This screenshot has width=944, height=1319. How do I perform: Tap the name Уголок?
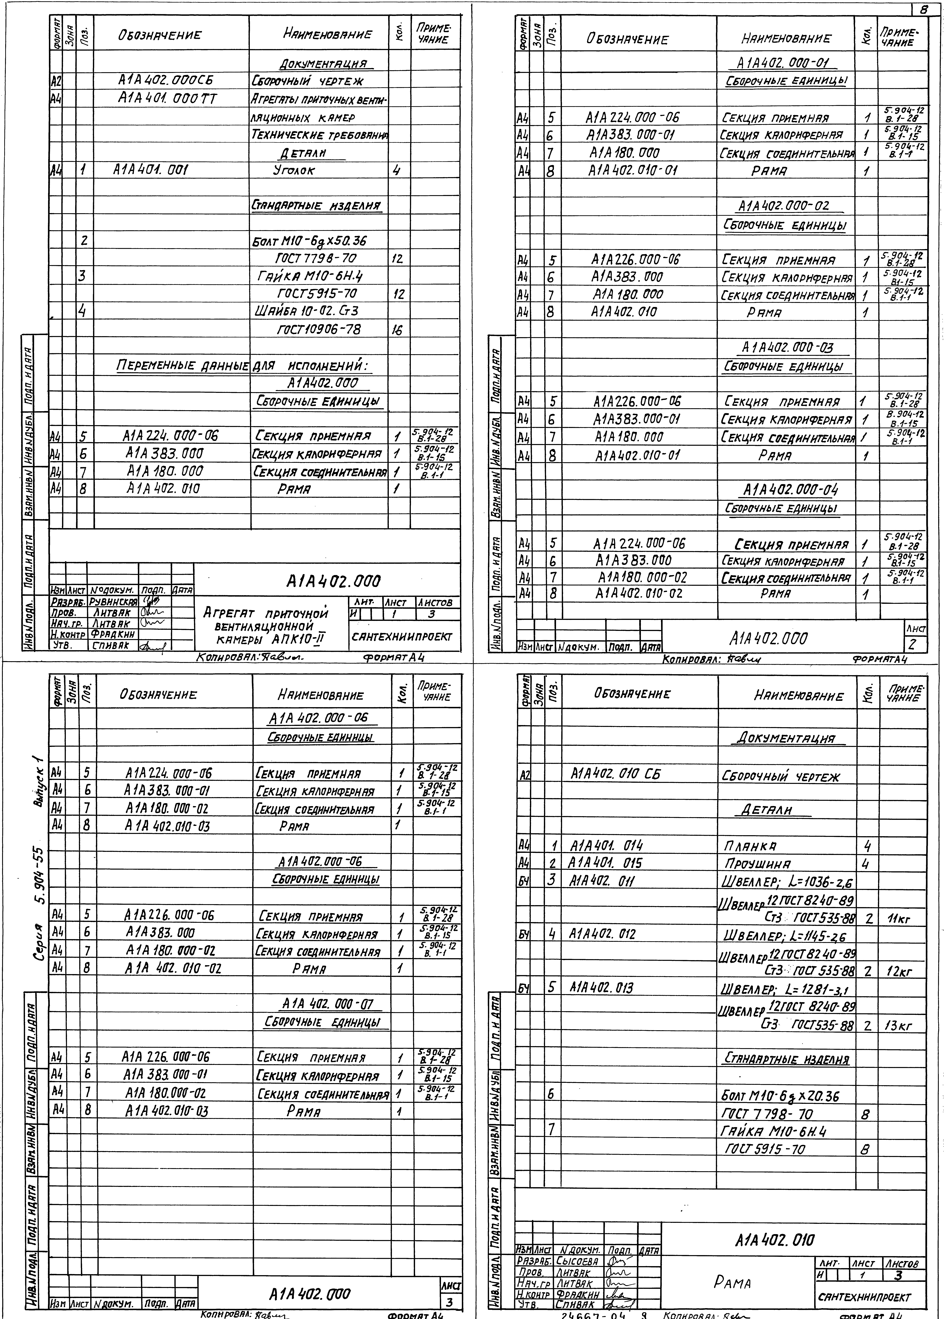[x=294, y=170]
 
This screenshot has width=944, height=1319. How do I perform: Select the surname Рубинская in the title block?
[x=113, y=602]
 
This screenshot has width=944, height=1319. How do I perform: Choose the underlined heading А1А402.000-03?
[x=787, y=348]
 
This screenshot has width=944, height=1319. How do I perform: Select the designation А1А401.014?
[x=606, y=846]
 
